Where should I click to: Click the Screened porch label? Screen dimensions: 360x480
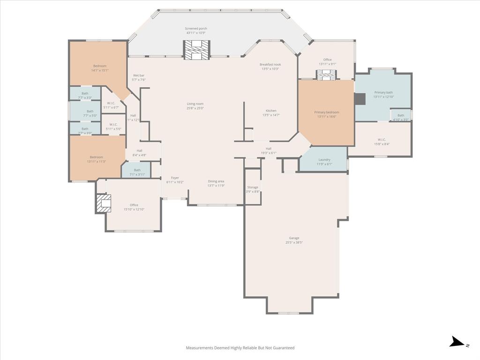click(x=196, y=29)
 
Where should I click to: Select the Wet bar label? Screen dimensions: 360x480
click(x=139, y=75)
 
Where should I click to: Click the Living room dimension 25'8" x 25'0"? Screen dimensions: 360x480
click(x=195, y=108)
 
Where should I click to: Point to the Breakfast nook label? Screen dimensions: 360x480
click(x=270, y=64)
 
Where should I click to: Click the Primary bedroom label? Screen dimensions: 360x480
click(x=326, y=112)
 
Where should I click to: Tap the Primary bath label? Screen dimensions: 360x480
click(x=383, y=92)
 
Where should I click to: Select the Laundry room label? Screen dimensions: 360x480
click(x=324, y=160)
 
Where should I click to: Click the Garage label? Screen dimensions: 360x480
click(x=294, y=238)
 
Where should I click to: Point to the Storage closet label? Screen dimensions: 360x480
click(x=253, y=187)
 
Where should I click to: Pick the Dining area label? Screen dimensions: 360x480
click(x=216, y=181)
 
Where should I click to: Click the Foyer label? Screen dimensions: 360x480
click(x=175, y=178)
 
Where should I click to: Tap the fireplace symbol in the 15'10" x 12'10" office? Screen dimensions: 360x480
click(x=104, y=203)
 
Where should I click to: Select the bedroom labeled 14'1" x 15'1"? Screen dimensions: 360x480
click(x=100, y=66)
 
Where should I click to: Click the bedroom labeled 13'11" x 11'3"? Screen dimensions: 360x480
click(x=96, y=157)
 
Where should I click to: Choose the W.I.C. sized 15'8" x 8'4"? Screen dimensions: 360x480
click(x=382, y=139)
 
